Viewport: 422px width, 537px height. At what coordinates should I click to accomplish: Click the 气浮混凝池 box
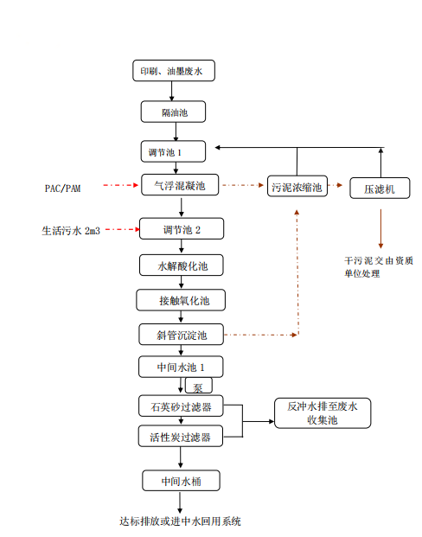(x=180, y=185)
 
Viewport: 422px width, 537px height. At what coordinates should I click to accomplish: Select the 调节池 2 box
(x=182, y=230)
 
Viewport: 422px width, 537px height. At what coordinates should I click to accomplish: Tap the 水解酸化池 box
(x=182, y=266)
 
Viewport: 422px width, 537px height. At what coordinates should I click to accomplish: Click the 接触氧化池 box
(x=182, y=301)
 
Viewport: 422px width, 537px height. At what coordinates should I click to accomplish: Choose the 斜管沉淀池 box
(x=182, y=335)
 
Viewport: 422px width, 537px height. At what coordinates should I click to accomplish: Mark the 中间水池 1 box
(x=181, y=367)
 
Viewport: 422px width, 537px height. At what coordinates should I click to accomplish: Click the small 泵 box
(x=197, y=387)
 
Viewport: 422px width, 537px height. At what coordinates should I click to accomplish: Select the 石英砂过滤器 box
(x=181, y=405)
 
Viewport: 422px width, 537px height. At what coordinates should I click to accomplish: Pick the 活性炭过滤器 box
(x=181, y=436)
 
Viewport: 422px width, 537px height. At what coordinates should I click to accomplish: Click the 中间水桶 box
(x=180, y=481)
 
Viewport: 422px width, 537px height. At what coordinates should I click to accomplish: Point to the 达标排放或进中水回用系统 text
(x=181, y=521)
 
